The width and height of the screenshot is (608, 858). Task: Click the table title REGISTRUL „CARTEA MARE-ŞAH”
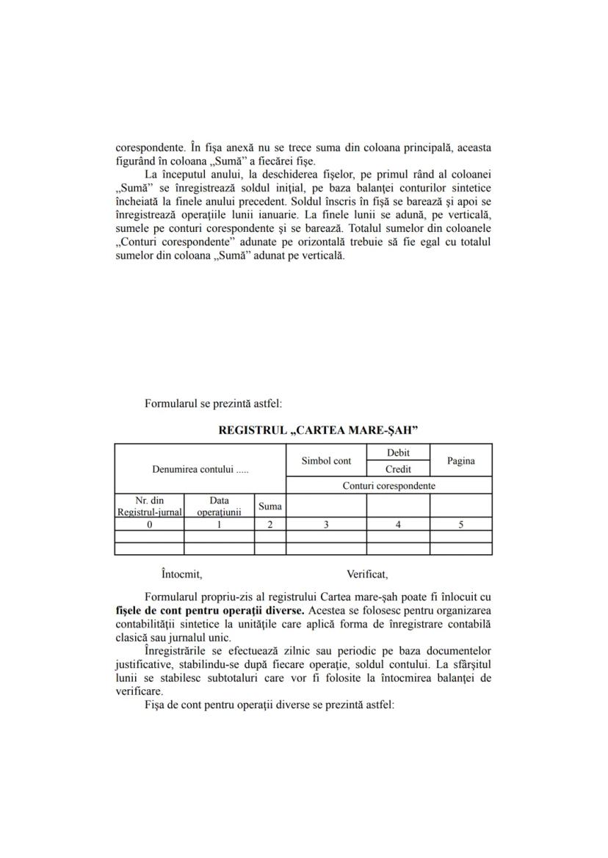click(x=318, y=430)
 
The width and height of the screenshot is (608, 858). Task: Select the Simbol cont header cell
click(x=326, y=461)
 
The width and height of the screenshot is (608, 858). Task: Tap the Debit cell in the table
click(x=398, y=453)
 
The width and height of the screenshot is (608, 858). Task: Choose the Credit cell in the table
click(x=398, y=469)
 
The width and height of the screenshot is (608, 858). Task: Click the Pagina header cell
click(x=460, y=461)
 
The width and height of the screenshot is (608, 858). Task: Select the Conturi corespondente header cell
click(x=388, y=486)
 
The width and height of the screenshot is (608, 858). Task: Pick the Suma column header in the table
click(x=270, y=506)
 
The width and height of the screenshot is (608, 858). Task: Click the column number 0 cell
click(x=149, y=524)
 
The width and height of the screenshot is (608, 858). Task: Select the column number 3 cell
click(x=326, y=524)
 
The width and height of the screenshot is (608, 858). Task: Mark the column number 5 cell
click(x=460, y=524)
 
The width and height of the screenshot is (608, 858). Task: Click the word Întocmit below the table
click(x=181, y=574)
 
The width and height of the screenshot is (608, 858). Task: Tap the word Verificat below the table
click(x=367, y=574)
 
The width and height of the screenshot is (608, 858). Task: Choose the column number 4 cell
click(x=398, y=524)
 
